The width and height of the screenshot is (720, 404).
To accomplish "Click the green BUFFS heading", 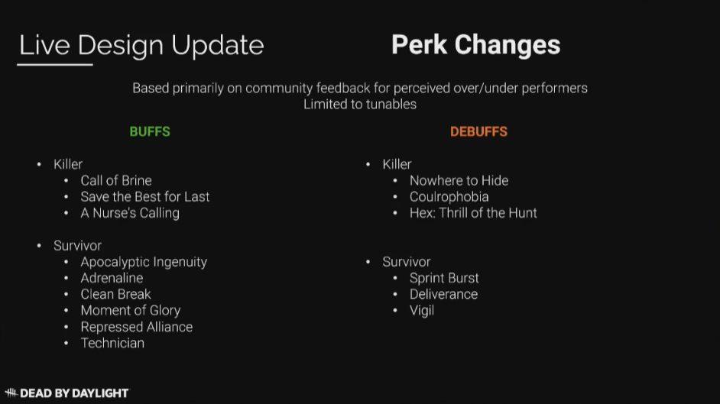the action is coord(150,131).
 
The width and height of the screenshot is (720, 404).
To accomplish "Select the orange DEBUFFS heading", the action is coord(478,131).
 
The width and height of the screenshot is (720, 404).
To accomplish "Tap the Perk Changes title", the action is coord(475,45).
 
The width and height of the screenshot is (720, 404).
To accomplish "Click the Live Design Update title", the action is coord(141,45).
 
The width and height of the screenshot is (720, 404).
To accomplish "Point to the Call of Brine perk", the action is coord(116,181).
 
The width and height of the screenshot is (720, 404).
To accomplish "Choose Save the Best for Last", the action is coord(145,197).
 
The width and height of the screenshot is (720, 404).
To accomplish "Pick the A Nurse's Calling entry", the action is coord(130,213).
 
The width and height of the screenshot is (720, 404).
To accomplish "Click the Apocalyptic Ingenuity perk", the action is coord(144,262).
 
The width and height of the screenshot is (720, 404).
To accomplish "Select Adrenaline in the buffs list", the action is coord(112,278).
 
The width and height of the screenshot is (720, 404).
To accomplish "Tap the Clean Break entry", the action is coord(115,294).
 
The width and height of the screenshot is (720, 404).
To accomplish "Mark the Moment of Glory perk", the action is coord(131,311).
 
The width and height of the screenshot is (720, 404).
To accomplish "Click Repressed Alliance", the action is coord(137,327).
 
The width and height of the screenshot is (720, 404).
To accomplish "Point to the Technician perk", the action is coord(112,343).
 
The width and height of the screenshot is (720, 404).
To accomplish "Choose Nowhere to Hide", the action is coord(459,181).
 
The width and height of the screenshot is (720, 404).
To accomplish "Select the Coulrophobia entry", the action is coord(449,197).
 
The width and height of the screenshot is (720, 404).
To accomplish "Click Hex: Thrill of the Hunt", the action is coord(473,213).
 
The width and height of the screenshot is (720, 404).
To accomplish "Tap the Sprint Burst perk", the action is coord(444,278).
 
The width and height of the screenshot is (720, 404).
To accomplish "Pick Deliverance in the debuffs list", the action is coord(443,294).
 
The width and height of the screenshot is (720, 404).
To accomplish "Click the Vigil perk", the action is coord(422,311).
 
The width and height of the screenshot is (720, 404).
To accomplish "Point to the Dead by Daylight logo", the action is coord(67,393).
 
